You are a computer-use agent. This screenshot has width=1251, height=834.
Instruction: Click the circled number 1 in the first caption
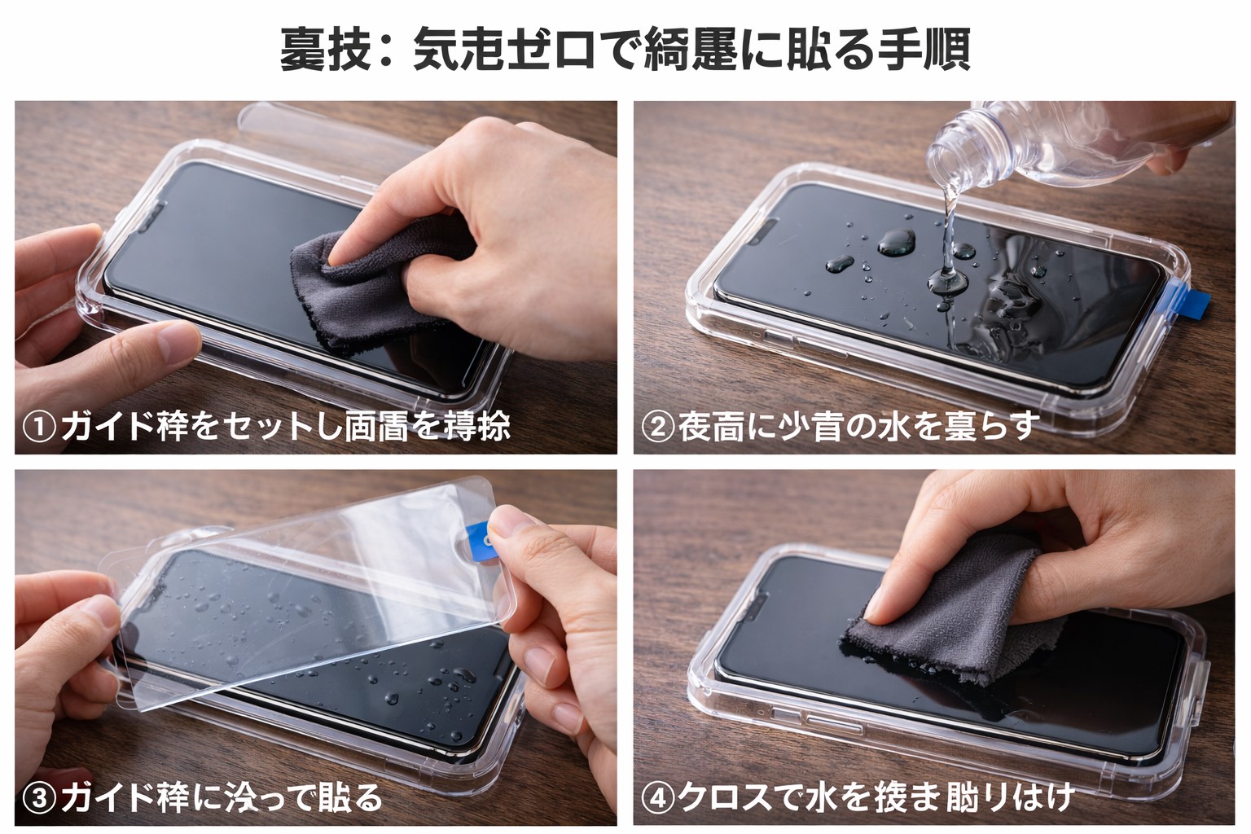(37, 427)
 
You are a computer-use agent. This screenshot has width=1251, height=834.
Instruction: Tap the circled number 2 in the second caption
(657, 427)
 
